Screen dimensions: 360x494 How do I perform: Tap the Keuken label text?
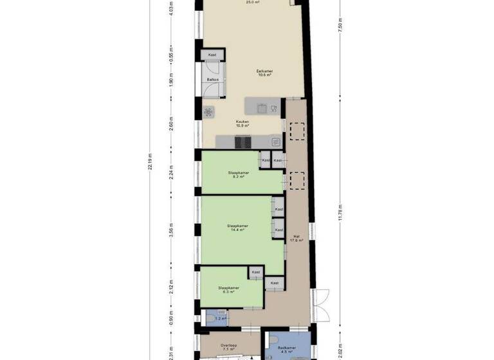[242, 123]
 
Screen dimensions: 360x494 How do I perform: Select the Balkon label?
[212, 80]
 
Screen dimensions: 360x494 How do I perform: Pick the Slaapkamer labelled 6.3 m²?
[228, 289]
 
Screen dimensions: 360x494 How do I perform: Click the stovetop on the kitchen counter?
[242, 141]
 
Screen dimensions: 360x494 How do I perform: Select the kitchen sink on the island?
[261, 107]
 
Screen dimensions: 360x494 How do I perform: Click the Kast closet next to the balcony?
[212, 55]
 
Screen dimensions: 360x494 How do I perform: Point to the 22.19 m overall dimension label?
[150, 161]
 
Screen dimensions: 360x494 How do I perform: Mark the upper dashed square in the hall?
[297, 132]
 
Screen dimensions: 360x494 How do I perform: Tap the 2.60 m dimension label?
[171, 123]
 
